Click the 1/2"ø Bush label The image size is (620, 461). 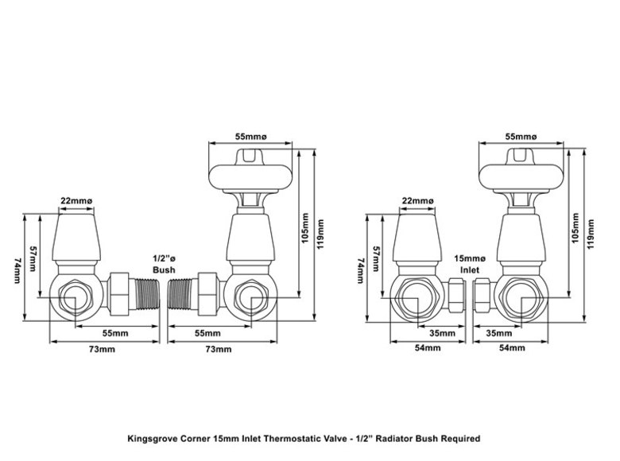(164, 265)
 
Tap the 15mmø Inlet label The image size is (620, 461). (469, 265)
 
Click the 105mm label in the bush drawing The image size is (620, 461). (305, 229)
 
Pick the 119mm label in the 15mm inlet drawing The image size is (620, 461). (591, 234)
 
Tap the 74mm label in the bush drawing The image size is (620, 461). (17, 270)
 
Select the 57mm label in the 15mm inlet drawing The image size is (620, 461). (376, 258)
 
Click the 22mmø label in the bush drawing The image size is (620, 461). (76, 201)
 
